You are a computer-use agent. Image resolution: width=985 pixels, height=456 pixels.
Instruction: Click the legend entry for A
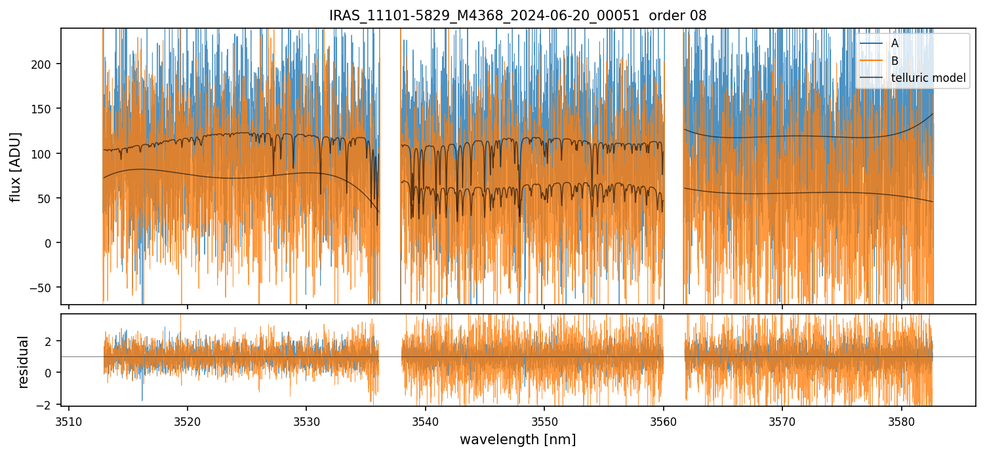895,43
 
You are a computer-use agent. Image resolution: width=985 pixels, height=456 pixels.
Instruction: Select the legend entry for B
895,61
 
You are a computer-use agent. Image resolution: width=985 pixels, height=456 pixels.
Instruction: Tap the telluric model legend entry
928,79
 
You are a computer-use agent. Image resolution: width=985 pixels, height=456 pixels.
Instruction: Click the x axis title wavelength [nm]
517,440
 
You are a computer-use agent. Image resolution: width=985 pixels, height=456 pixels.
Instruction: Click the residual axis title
24,362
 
